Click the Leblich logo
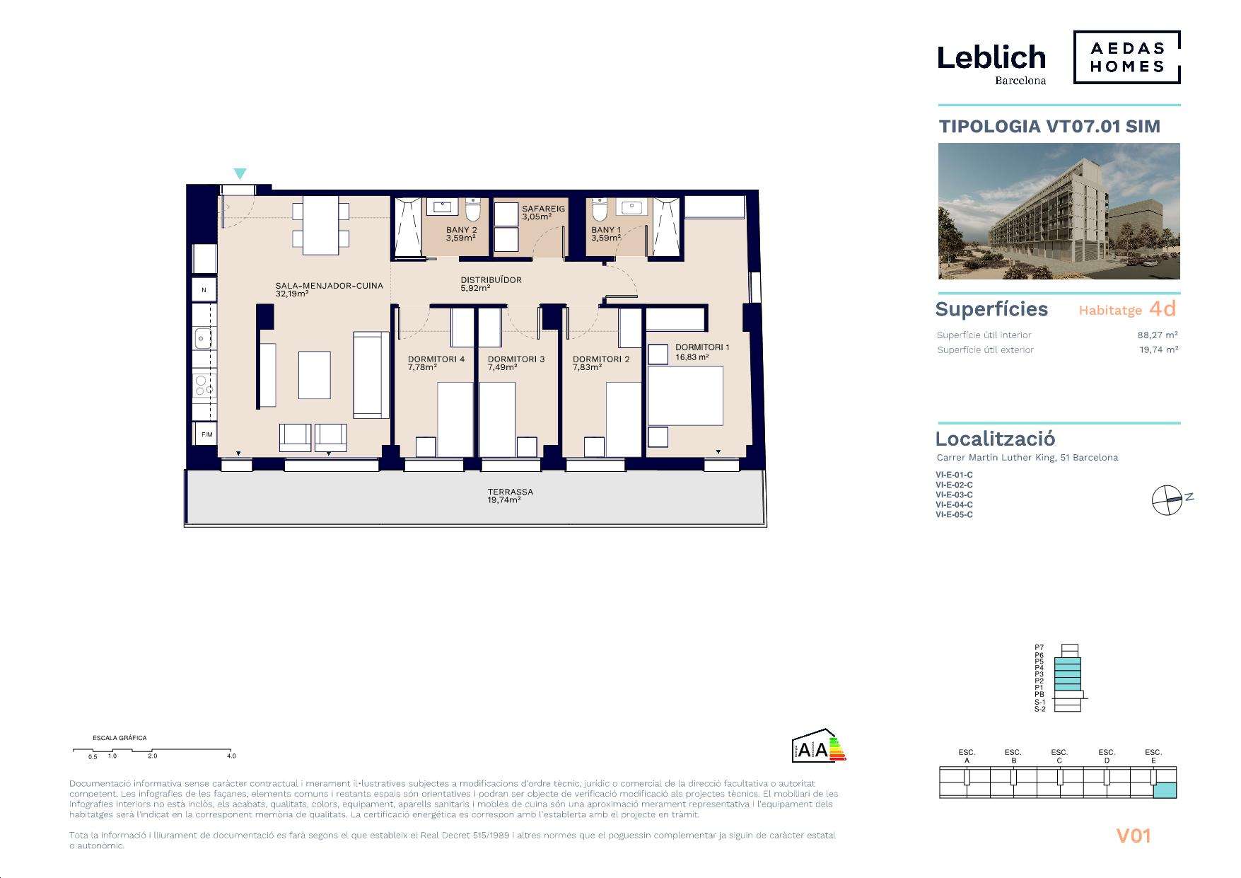point(991,64)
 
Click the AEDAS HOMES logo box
point(1127,57)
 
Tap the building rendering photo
point(1059,211)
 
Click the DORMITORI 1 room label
point(702,347)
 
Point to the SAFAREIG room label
point(544,209)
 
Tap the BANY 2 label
point(462,230)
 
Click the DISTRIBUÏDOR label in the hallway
point(491,280)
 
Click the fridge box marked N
point(204,290)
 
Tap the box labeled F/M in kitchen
point(206,434)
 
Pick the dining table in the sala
point(321,224)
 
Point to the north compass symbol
point(1167,500)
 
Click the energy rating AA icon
point(819,745)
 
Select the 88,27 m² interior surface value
point(1158,335)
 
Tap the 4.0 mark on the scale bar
point(231,756)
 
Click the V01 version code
point(1134,836)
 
